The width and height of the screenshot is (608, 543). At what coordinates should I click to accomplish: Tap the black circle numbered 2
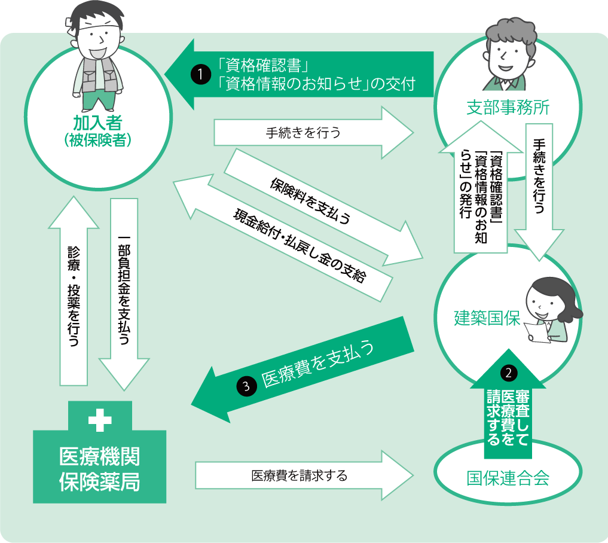pos(508,373)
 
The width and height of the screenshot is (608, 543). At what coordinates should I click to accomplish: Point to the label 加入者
pos(97,124)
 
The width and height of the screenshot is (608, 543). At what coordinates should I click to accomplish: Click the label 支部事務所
pos(508,108)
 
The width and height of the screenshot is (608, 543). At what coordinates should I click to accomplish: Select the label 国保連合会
pos(508,478)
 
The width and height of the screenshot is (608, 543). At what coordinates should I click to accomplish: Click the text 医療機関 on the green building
pos(99,457)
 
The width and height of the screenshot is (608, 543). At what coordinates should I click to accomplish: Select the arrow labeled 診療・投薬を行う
pos(73,293)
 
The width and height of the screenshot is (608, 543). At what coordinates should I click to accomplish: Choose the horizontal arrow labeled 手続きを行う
pos(311,133)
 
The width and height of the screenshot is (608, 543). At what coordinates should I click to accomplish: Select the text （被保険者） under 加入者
pos(97,141)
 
